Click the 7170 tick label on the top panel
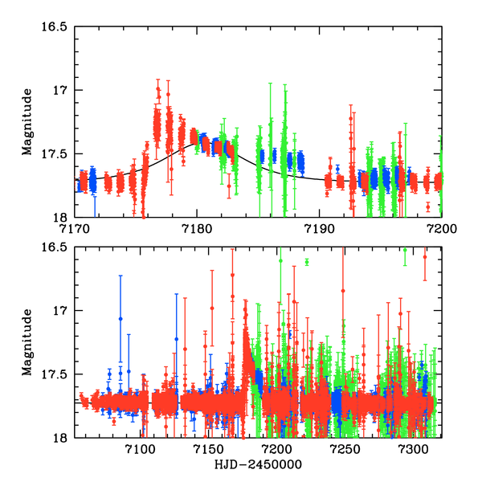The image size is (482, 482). [x=75, y=227]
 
